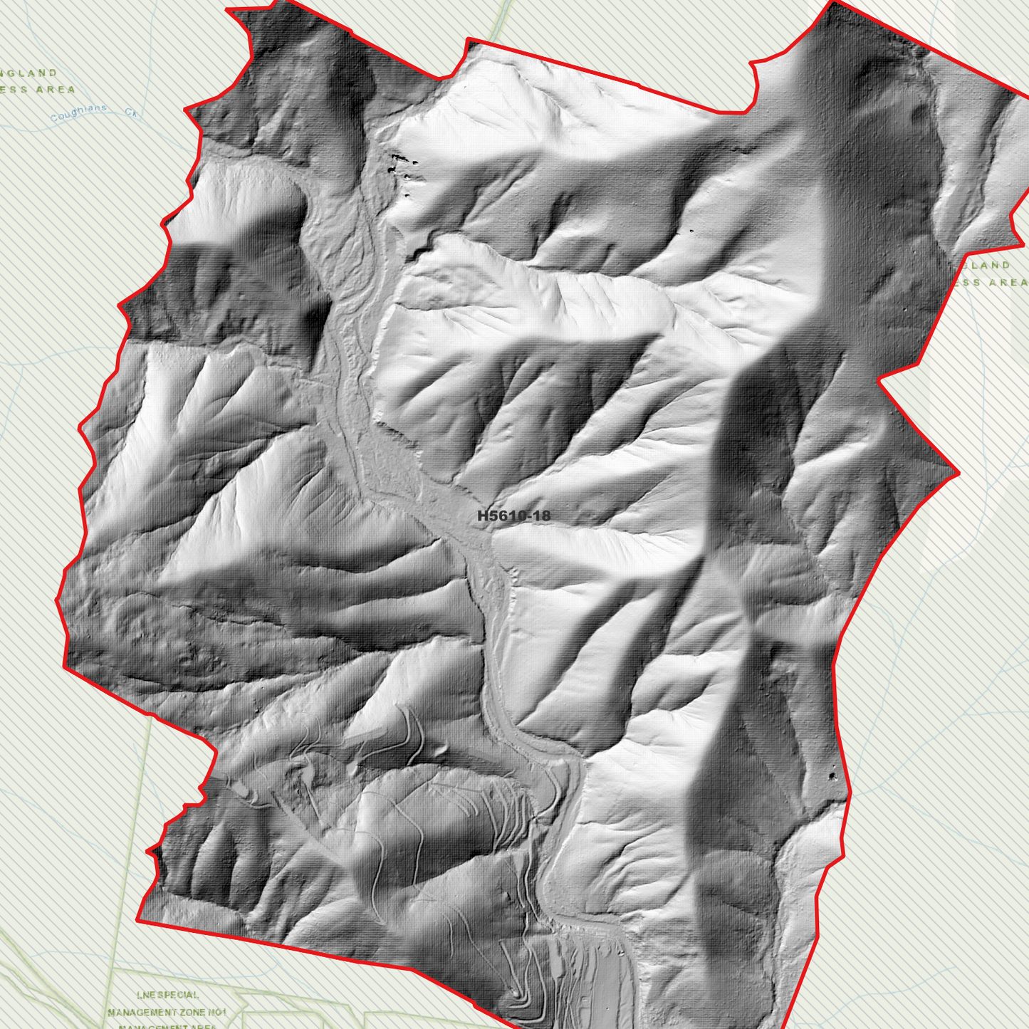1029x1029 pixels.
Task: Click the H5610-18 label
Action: coord(513,516)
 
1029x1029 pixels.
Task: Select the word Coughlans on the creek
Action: coord(79,113)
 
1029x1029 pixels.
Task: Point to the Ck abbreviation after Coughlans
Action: coord(130,112)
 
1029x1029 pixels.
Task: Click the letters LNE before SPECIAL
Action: coord(145,995)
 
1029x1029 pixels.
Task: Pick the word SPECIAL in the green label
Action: coord(177,995)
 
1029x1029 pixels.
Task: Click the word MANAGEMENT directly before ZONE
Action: coord(142,1012)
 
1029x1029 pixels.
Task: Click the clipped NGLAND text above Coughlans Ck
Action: coord(28,73)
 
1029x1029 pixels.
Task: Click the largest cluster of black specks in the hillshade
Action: coord(400,164)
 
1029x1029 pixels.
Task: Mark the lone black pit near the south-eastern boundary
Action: coord(834,775)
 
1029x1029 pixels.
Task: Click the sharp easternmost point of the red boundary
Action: coord(959,471)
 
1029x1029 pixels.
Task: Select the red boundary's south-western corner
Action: coord(137,920)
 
